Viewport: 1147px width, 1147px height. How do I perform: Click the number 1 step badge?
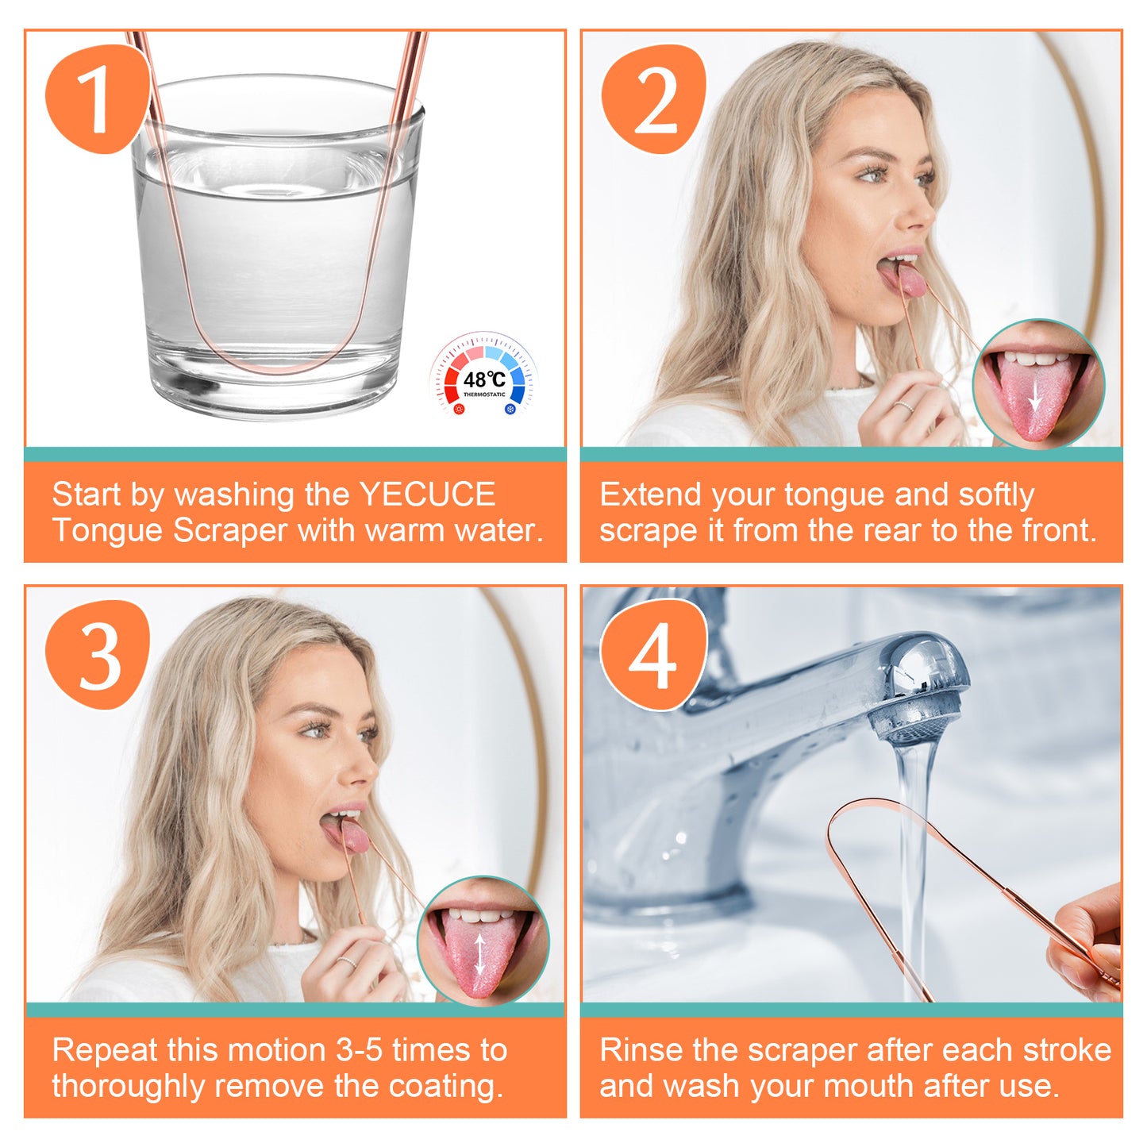click(97, 98)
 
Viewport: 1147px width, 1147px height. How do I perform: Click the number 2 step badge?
click(653, 98)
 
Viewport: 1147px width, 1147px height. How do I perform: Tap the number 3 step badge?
click(97, 654)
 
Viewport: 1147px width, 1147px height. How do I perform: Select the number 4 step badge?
click(653, 655)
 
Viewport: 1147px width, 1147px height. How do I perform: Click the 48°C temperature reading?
click(484, 379)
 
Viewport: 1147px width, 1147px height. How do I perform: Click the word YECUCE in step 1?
click(427, 494)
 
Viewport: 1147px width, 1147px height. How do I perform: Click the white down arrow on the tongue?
click(1035, 396)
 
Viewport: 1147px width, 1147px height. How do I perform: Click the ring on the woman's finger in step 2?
click(903, 406)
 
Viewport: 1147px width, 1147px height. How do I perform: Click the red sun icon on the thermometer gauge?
click(459, 410)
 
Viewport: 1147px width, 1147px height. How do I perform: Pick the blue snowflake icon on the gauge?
click(510, 410)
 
